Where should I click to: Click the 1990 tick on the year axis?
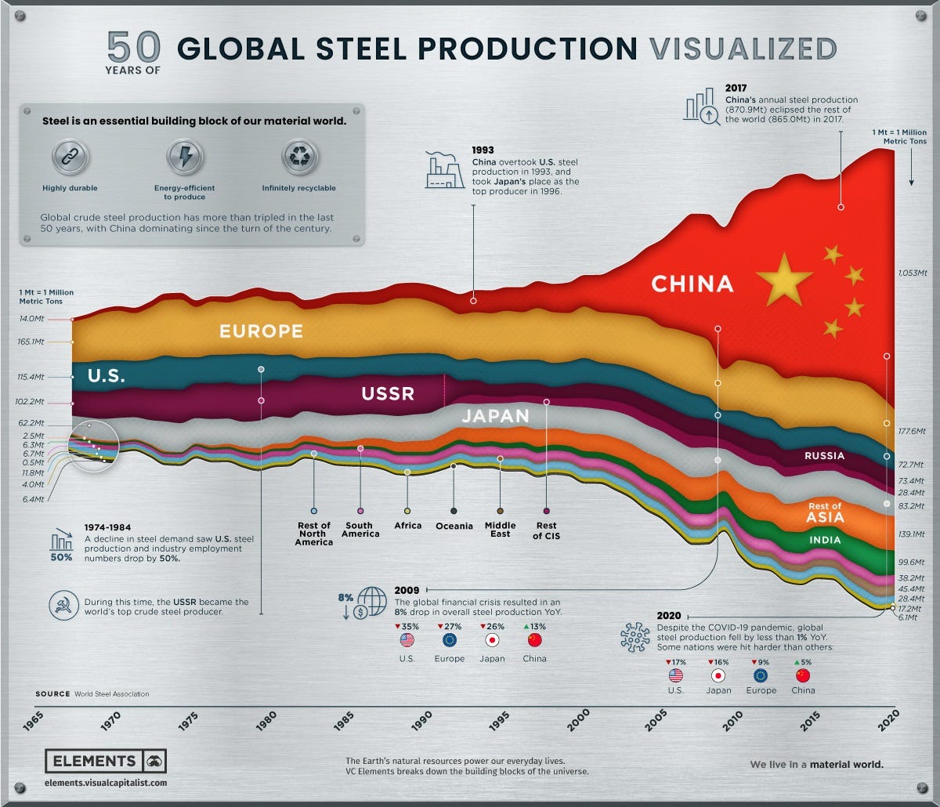422,718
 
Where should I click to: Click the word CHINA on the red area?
692,283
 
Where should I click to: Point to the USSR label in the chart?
388,393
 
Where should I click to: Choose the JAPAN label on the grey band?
495,415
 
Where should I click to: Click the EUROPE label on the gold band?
261,331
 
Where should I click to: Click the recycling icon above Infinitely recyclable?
299,157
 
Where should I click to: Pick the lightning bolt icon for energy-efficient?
185,157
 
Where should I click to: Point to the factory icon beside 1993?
444,170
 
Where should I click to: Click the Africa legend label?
407,526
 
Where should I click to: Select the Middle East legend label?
500,530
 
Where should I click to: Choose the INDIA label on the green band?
826,540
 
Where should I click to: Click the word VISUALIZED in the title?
743,49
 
